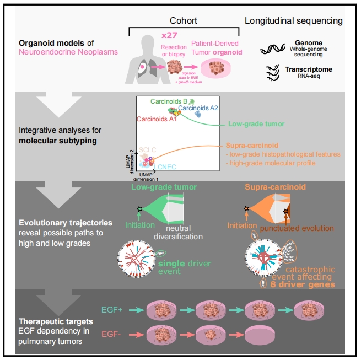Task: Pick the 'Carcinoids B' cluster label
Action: [170, 101]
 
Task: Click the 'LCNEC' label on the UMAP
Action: [164, 166]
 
